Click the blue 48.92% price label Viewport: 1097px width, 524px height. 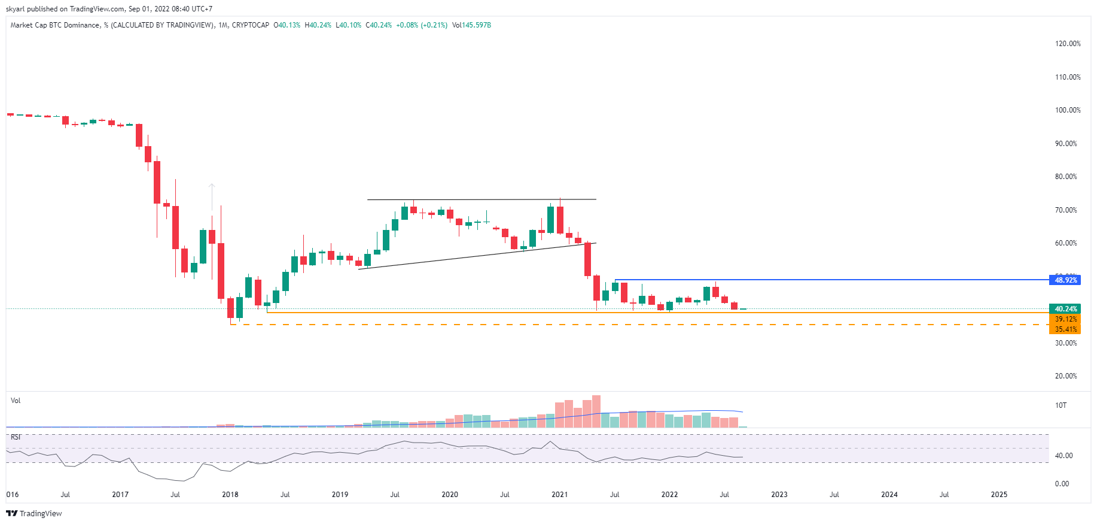(x=1065, y=280)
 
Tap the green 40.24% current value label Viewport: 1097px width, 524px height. (x=1065, y=309)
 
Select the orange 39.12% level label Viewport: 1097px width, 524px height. (x=1065, y=319)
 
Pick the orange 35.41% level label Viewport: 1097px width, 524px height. (x=1065, y=329)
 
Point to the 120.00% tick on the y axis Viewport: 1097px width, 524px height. (x=1068, y=44)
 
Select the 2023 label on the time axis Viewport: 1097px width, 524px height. (x=779, y=495)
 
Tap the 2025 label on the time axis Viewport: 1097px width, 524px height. (x=999, y=495)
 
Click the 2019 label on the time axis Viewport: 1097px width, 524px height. (x=340, y=495)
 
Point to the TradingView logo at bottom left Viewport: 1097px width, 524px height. (x=34, y=513)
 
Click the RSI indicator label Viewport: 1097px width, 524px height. (x=16, y=437)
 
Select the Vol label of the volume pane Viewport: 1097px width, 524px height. (x=16, y=401)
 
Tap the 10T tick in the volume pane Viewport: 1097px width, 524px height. (x=1061, y=405)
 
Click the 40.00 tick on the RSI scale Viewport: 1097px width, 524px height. (x=1063, y=456)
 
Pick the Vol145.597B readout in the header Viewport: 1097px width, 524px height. (x=471, y=25)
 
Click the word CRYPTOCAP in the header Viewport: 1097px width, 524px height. (x=251, y=25)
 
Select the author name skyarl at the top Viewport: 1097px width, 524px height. (x=15, y=9)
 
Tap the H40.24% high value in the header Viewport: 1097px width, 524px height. (x=318, y=25)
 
